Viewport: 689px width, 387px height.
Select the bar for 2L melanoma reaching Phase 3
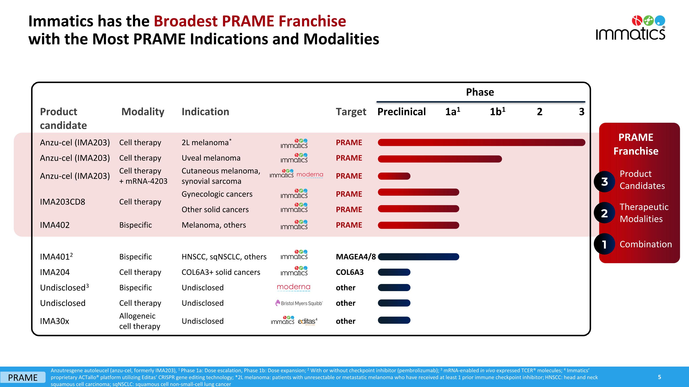tap(481, 142)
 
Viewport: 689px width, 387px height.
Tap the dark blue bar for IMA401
tap(418, 257)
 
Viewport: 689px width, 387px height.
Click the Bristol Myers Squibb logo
tap(299, 303)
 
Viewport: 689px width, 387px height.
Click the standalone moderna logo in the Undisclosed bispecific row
tap(294, 287)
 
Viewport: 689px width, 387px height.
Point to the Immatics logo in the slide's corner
tap(630, 28)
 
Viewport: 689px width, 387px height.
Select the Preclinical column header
tap(401, 112)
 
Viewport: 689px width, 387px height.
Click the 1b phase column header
tap(497, 112)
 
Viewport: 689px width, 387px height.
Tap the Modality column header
tap(143, 112)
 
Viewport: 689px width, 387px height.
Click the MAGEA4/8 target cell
tap(356, 257)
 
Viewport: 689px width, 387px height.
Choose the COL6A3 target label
tap(350, 272)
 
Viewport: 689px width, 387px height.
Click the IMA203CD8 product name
tap(62, 202)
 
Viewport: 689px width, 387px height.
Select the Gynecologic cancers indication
tap(217, 194)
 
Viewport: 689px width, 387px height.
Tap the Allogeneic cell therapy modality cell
tap(140, 321)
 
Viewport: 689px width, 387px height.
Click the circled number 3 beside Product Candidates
tap(604, 182)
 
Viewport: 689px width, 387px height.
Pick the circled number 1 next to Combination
tap(604, 244)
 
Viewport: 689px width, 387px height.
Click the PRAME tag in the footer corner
tap(23, 377)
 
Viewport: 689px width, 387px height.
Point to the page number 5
tap(659, 377)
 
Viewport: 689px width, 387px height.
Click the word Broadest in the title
tap(185, 21)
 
